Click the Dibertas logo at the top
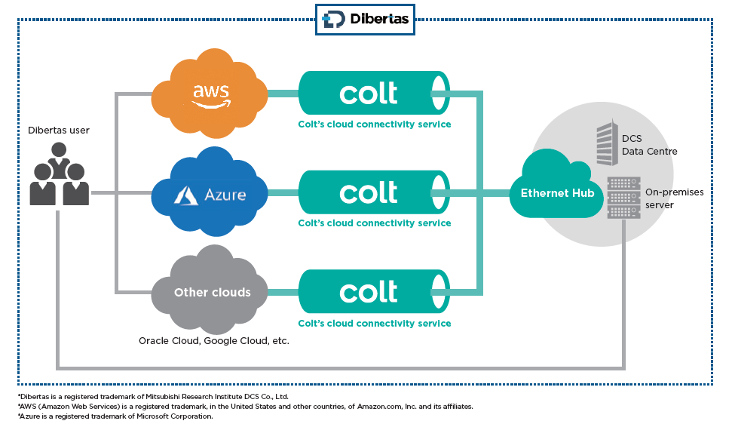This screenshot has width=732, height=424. coord(365,19)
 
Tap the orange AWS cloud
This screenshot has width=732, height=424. coord(210,94)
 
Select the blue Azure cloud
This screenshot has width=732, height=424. coord(210,194)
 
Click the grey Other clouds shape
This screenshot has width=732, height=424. coord(212,293)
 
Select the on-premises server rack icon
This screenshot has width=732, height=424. coord(623,198)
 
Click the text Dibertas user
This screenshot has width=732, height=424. coord(59,131)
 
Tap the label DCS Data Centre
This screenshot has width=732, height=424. coord(649,145)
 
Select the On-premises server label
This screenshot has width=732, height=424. coord(674,198)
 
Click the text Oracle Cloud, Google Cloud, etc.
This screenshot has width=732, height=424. coord(214,341)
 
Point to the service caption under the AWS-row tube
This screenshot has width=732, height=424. coord(374,124)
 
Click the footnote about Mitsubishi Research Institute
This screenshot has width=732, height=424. coord(153,396)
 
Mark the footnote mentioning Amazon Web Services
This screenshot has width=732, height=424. coord(245,406)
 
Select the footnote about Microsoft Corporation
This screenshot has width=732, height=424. coord(115,416)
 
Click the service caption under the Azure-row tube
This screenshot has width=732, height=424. coord(374,223)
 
